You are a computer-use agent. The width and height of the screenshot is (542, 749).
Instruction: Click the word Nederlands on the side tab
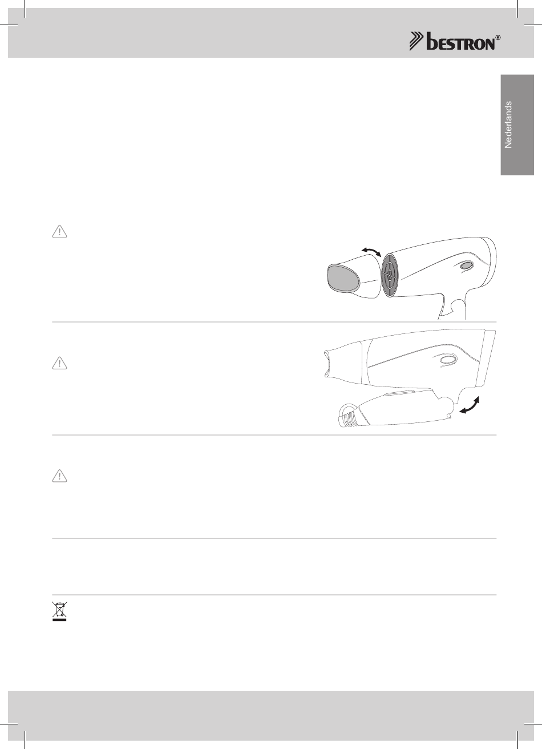click(x=508, y=124)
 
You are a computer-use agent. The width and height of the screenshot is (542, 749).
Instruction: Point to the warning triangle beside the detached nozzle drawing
click(x=59, y=232)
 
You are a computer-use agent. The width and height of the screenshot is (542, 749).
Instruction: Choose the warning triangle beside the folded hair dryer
click(x=59, y=363)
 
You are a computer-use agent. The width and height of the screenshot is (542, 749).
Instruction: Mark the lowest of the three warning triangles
click(x=59, y=476)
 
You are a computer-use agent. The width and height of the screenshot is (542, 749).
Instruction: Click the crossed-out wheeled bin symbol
click(x=59, y=611)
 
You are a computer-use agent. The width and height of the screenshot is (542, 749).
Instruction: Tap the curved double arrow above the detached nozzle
click(x=371, y=251)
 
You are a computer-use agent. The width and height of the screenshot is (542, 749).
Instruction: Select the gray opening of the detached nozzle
click(x=343, y=278)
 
